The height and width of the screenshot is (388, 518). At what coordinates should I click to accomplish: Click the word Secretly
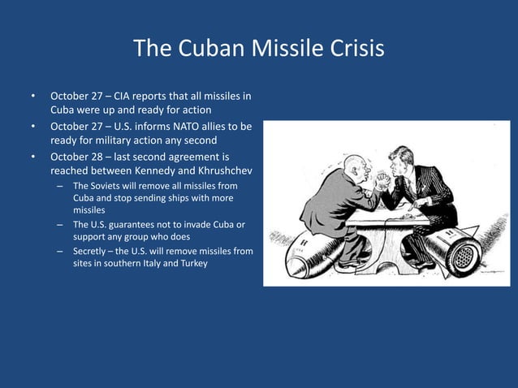93,251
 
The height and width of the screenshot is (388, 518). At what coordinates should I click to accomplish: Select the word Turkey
191,263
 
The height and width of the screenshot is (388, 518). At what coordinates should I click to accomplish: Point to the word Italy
153,263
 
